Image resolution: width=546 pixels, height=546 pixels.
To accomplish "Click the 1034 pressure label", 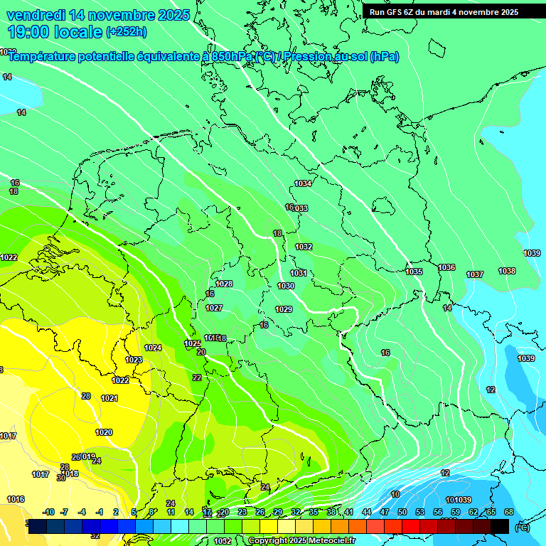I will [x=303, y=183].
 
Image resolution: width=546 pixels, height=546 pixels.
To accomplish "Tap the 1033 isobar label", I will [x=301, y=208].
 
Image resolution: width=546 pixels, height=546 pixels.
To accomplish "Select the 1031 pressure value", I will [x=299, y=273].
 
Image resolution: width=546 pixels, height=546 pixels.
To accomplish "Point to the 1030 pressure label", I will [x=286, y=286].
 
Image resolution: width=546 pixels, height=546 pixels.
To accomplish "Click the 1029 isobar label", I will [x=284, y=309].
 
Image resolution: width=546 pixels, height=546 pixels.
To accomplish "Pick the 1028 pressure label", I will [x=224, y=284].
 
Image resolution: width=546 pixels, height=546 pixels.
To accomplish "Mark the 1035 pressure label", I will [x=414, y=272].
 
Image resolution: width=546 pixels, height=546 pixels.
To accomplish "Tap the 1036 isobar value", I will [x=446, y=267].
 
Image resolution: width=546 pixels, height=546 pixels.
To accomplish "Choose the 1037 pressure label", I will [x=475, y=274].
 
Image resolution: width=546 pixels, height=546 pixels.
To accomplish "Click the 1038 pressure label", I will [x=507, y=271].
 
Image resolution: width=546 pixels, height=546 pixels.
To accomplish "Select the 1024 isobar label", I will [x=153, y=348].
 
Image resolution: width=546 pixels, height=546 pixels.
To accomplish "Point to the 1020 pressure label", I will [x=104, y=432].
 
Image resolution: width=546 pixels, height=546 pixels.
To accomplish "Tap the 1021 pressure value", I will [x=109, y=398].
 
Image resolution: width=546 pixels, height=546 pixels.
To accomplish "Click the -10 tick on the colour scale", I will [x=48, y=512].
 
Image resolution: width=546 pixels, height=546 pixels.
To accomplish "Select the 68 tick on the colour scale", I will [x=508, y=512].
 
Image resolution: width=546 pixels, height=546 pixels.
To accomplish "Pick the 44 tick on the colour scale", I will [x=367, y=512].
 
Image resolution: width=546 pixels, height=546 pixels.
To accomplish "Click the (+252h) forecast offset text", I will [x=127, y=31].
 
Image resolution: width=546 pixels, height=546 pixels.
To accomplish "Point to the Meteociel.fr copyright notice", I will [x=301, y=540].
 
